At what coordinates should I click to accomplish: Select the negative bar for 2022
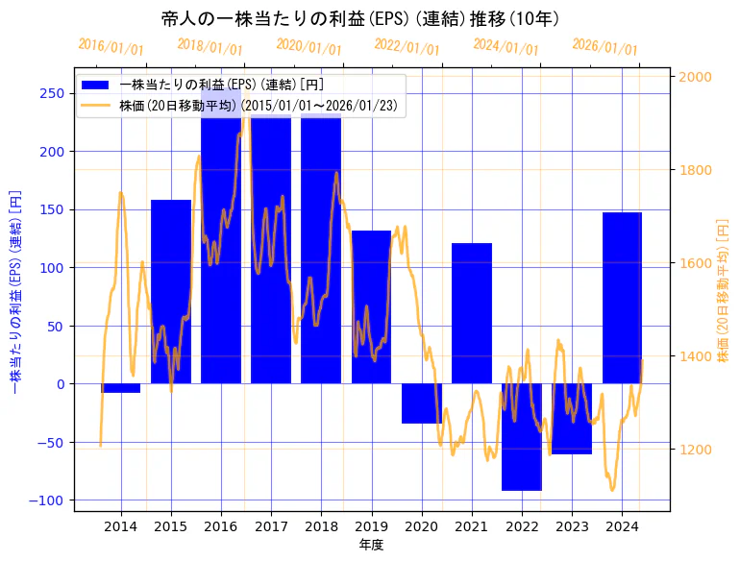tap(522, 437)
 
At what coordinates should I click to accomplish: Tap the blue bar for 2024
tap(622, 298)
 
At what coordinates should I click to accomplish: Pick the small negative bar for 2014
tap(121, 388)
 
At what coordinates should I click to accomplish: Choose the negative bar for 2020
tap(422, 403)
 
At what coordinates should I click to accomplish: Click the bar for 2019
tap(371, 307)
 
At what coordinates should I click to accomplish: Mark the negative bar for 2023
tap(572, 419)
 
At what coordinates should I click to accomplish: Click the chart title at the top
tap(360, 19)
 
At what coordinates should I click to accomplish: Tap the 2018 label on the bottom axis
tap(321, 525)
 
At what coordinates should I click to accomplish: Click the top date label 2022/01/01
tap(407, 48)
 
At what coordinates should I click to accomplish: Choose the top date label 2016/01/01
tap(111, 46)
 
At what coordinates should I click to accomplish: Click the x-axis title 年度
tap(371, 545)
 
